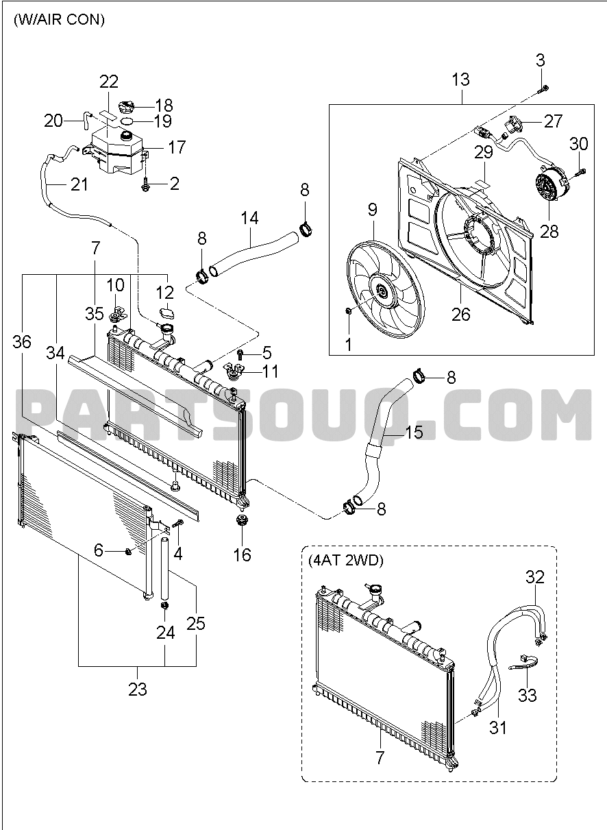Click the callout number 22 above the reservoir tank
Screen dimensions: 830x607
[109, 82]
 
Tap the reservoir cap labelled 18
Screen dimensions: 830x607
[128, 107]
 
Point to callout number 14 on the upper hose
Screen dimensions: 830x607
[249, 218]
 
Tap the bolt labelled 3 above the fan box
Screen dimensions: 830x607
[543, 87]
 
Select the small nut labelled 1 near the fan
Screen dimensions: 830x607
[349, 312]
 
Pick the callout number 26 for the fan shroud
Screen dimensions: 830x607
[460, 295]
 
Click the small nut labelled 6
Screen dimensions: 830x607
[128, 551]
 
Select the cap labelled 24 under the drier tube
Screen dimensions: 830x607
[164, 607]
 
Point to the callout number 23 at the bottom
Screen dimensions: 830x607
[138, 688]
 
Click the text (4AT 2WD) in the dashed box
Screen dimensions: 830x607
[345, 560]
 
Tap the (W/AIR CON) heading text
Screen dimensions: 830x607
[59, 20]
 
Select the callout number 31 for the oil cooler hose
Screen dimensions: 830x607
[498, 727]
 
